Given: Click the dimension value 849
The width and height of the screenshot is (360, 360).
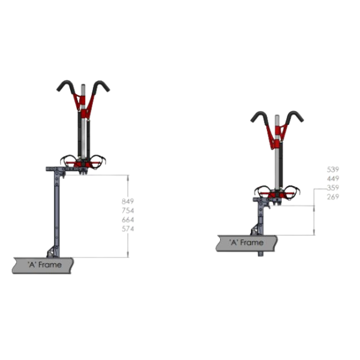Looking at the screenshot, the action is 128,202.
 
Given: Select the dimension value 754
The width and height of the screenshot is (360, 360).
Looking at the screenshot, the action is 128,211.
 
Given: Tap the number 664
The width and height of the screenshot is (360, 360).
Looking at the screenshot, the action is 128,220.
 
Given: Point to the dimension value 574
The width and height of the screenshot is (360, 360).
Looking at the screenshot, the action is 128,229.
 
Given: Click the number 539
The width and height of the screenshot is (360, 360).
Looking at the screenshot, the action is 332,169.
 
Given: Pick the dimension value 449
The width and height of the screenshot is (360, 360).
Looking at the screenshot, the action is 332,178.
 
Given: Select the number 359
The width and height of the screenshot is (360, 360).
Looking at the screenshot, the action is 332,188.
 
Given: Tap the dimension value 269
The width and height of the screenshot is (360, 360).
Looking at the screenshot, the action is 332,197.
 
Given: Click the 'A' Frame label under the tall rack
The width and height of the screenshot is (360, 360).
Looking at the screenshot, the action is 44,265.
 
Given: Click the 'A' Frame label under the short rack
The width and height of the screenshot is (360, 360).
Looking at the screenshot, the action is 247,242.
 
